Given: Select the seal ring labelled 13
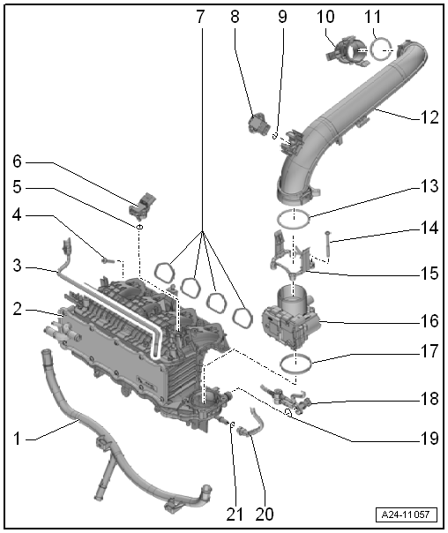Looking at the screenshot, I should pyautogui.click(x=294, y=217).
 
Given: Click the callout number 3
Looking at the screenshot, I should pyautogui.click(x=18, y=265).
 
